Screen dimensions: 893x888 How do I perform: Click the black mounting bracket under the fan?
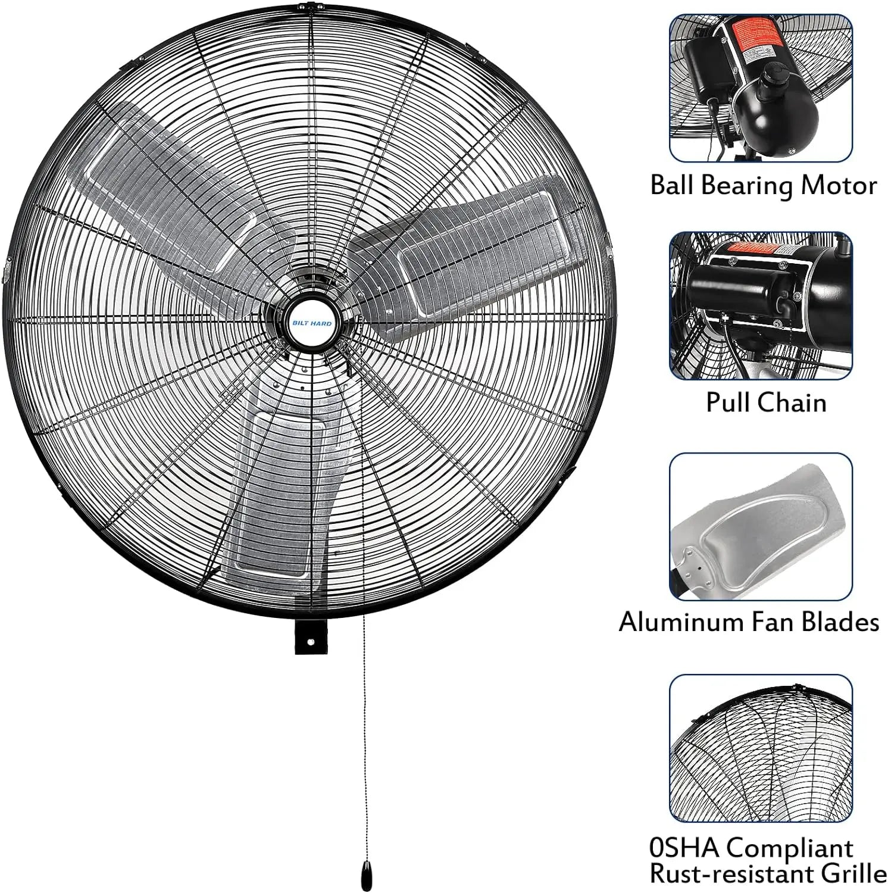[311, 638]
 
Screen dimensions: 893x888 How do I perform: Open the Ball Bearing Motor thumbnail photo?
[761, 88]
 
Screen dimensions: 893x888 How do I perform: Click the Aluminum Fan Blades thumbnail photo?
[761, 526]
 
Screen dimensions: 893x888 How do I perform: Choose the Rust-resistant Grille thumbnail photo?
[761, 747]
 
